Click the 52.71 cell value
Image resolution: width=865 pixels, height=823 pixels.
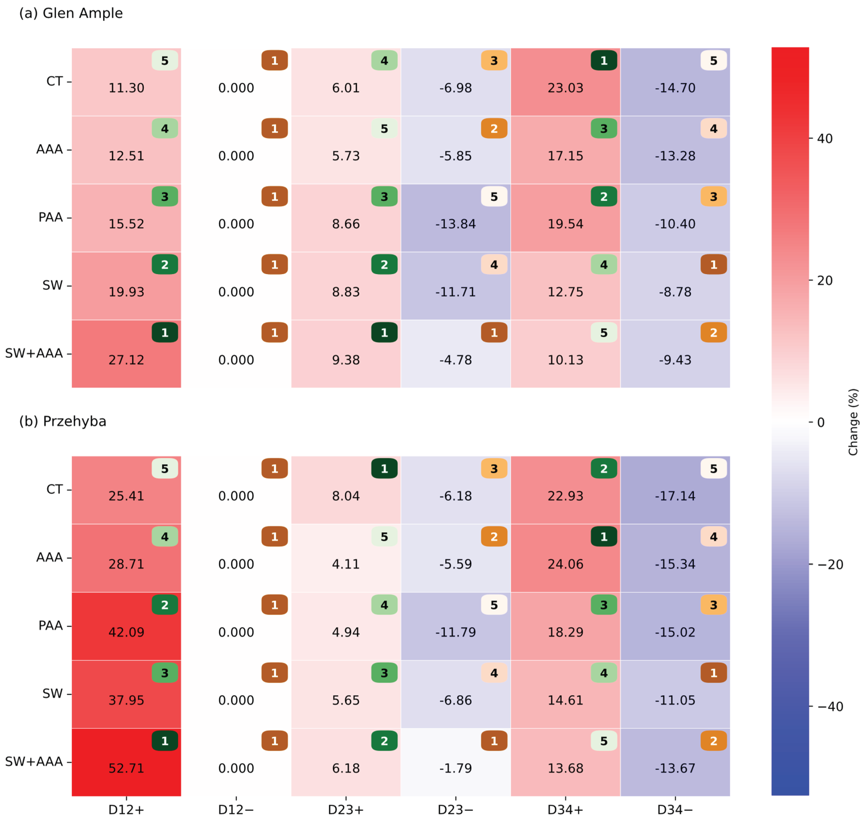(126, 768)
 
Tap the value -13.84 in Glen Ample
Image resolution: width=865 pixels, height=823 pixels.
(455, 224)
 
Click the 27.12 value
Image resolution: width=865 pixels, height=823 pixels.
(126, 360)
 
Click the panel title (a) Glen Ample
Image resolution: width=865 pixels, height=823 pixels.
(71, 13)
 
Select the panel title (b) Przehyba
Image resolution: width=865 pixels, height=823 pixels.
(63, 421)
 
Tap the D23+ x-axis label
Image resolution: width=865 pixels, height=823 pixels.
(346, 810)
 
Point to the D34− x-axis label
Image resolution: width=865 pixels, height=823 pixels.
(675, 810)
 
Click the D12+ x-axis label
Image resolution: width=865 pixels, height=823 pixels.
(126, 810)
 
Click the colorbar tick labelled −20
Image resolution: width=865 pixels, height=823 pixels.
(830, 565)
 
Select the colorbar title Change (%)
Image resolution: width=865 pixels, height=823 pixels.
(853, 422)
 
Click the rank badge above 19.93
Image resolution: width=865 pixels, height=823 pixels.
(165, 265)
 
